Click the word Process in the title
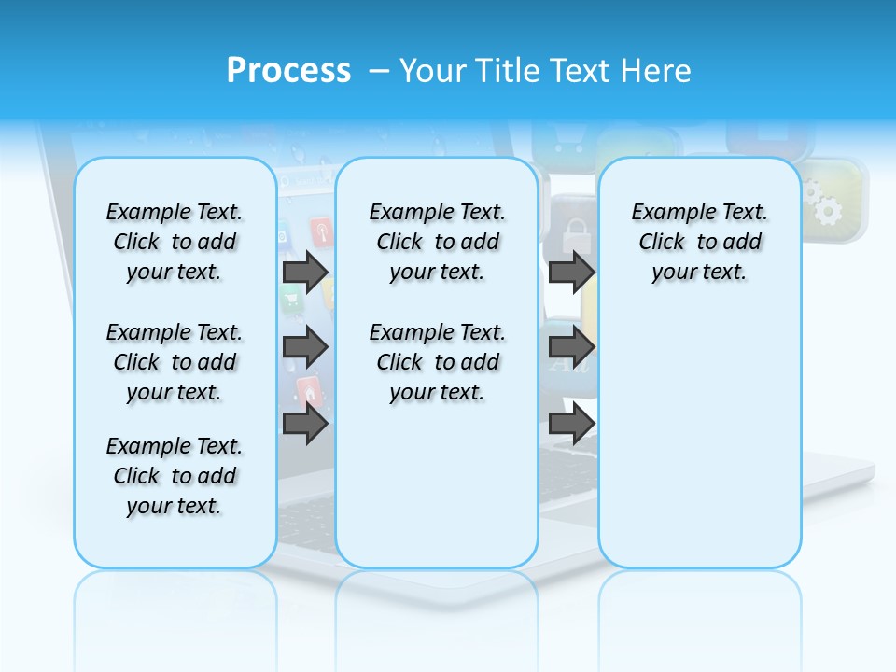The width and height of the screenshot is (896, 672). [288, 70]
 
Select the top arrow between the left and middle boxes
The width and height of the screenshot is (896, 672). [305, 272]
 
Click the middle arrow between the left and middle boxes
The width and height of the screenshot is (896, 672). [305, 347]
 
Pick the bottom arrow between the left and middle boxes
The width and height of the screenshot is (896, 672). [305, 424]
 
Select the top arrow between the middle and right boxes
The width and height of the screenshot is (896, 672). [571, 272]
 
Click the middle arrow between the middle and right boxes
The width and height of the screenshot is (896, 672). [571, 347]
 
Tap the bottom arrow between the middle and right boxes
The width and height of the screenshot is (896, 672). [571, 424]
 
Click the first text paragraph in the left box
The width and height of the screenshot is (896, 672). [175, 242]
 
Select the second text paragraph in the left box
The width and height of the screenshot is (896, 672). [175, 362]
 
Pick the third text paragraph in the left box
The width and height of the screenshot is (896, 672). [175, 476]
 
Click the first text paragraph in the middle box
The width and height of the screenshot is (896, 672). [437, 242]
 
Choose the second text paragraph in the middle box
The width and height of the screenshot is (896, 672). [437, 362]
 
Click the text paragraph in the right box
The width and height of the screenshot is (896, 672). [700, 242]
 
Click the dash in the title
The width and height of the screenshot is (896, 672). [379, 70]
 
